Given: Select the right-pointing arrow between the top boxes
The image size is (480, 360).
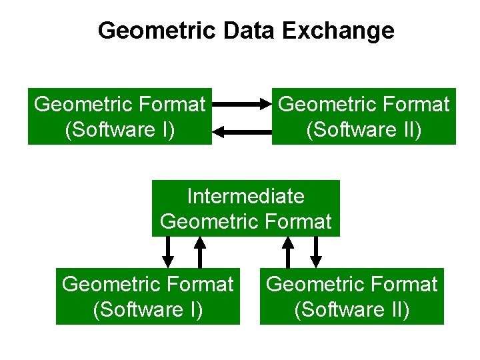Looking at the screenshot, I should click(242, 105).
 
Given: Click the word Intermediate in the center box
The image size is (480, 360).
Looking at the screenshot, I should click(245, 196).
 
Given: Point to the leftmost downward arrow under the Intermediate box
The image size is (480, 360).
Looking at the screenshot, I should click(169, 251).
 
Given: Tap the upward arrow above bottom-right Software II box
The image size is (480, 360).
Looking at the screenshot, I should click(288, 251).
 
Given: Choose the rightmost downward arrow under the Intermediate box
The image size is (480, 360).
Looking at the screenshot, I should click(317, 251).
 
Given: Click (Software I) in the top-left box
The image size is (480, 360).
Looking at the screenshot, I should click(120, 129).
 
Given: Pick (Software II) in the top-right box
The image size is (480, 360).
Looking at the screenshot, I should click(364, 129).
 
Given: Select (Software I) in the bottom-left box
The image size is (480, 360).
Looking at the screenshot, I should click(148, 309).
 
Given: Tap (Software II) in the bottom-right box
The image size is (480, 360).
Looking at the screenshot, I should click(352, 309).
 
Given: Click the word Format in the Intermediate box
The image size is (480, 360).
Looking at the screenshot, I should click(299, 221).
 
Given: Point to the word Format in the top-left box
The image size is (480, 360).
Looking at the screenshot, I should click(173, 105).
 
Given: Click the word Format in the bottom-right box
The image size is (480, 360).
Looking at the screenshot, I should click(405, 285).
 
